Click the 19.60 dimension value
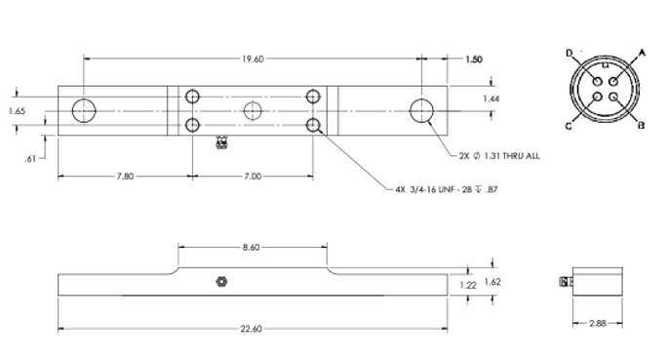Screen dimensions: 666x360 [x=253, y=60]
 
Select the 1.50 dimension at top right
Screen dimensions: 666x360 [x=474, y=60]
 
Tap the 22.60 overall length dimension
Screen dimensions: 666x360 [x=252, y=329]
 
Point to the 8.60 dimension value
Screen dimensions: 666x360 [x=252, y=248]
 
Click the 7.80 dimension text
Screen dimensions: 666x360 [x=125, y=176]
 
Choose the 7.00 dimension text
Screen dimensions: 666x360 [x=253, y=176]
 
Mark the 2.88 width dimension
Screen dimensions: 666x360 [x=598, y=324]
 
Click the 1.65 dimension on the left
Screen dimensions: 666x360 [x=17, y=111]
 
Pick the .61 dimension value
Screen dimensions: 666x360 [x=29, y=159]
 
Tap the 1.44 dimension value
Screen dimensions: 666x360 [x=491, y=99]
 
